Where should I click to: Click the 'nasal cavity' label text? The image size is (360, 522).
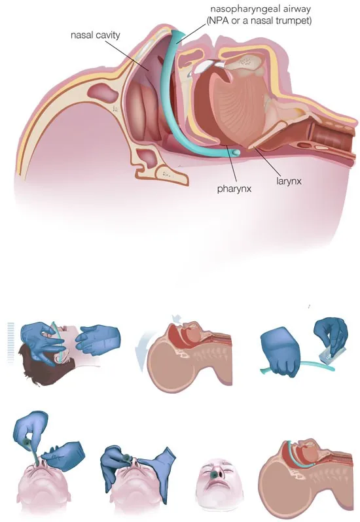click(x=96, y=35)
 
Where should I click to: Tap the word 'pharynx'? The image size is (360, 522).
click(x=234, y=189)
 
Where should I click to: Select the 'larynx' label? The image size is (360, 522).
click(x=289, y=181)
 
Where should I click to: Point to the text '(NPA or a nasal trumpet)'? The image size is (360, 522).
click(x=259, y=21)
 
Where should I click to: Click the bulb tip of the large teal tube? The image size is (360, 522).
click(x=236, y=152)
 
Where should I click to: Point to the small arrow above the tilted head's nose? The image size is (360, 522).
click(x=177, y=320)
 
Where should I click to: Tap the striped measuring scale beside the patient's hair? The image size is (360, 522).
click(x=10, y=342)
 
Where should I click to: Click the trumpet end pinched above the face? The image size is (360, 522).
click(x=27, y=443)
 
